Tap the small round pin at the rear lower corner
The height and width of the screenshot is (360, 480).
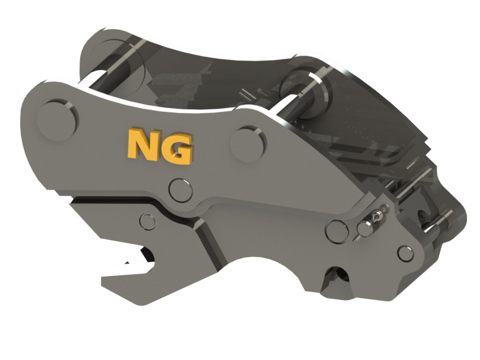(x=404, y=254)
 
